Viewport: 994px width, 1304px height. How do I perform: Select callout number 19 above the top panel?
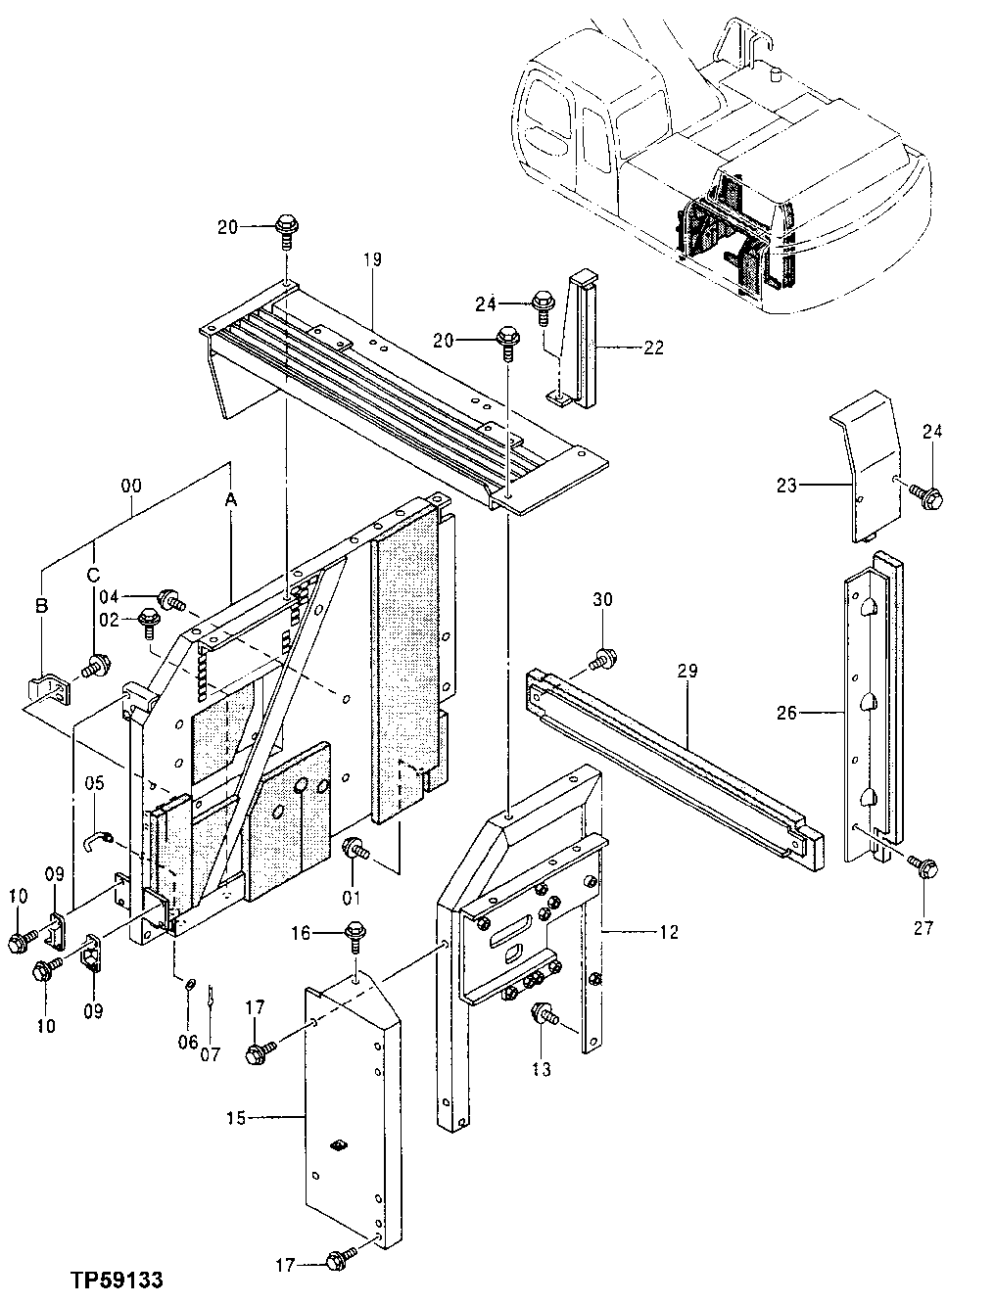pyautogui.click(x=372, y=259)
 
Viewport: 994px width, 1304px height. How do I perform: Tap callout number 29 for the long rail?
pyautogui.click(x=686, y=671)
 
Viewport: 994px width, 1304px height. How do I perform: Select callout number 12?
pyautogui.click(x=668, y=932)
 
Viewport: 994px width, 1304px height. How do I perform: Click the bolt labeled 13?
pyautogui.click(x=541, y=1016)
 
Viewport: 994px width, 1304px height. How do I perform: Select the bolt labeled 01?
pyautogui.click(x=355, y=850)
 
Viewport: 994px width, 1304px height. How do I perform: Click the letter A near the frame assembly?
pyautogui.click(x=231, y=500)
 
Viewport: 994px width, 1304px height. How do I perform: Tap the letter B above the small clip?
pyautogui.click(x=41, y=607)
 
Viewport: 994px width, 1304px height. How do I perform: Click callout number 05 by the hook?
pyautogui.click(x=93, y=783)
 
